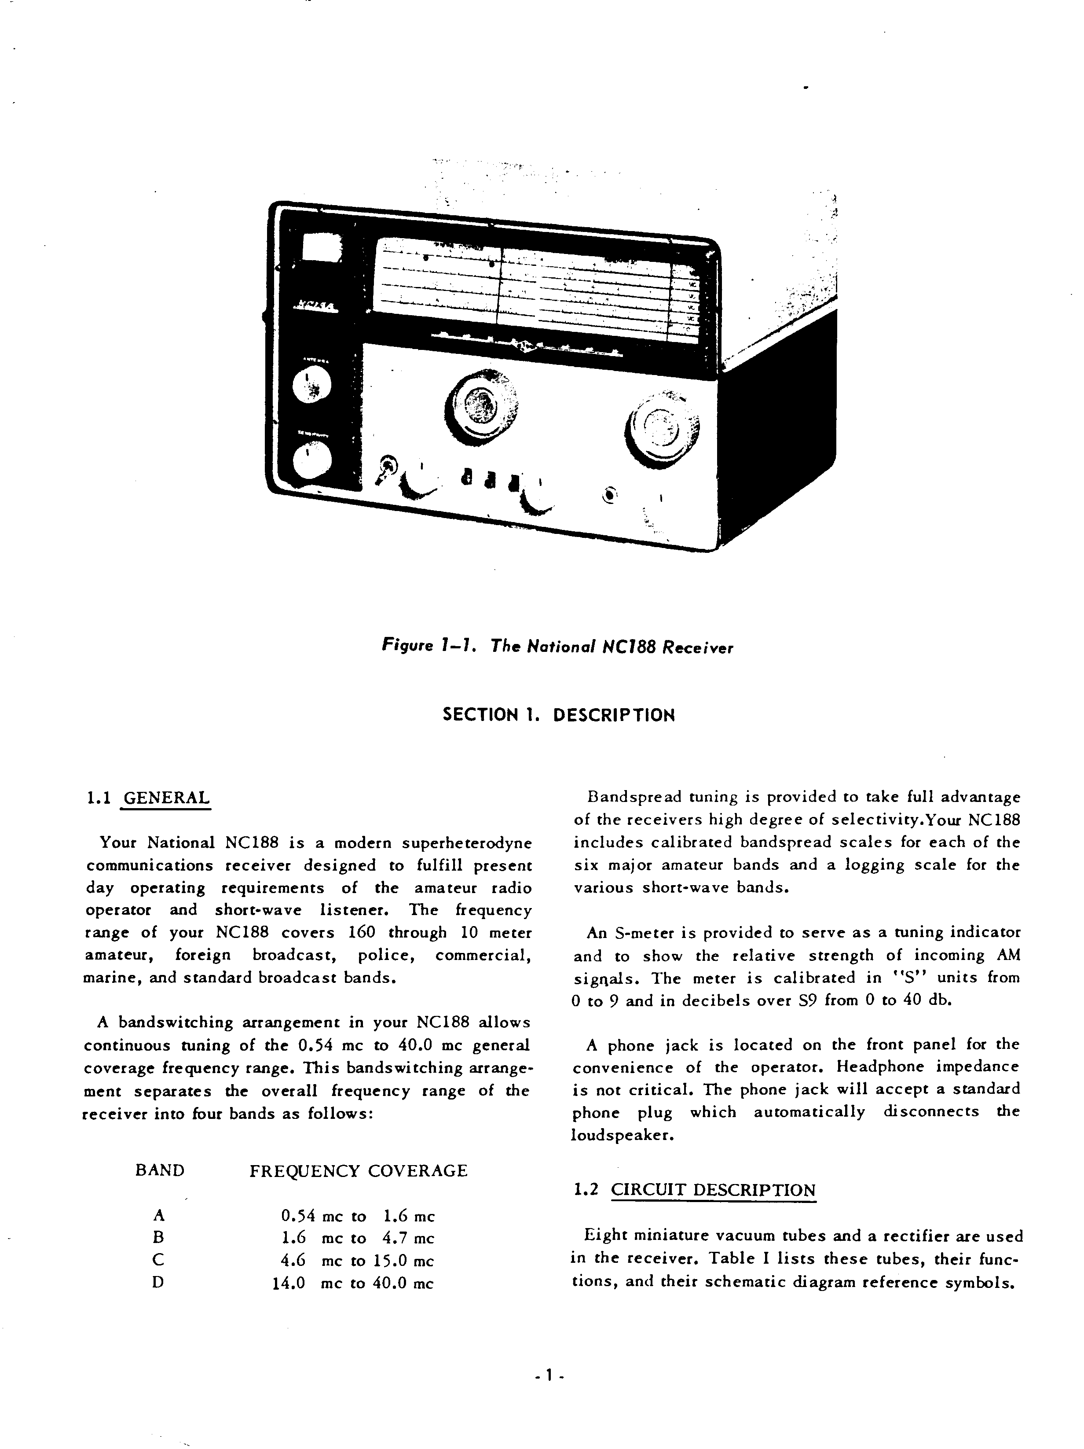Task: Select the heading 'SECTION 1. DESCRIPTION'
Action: tap(558, 715)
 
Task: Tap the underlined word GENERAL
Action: tap(167, 798)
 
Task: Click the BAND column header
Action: tap(160, 1170)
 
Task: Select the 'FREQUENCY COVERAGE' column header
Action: tap(359, 1170)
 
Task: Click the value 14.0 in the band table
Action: tap(289, 1283)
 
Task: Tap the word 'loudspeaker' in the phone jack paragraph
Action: tap(622, 1135)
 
